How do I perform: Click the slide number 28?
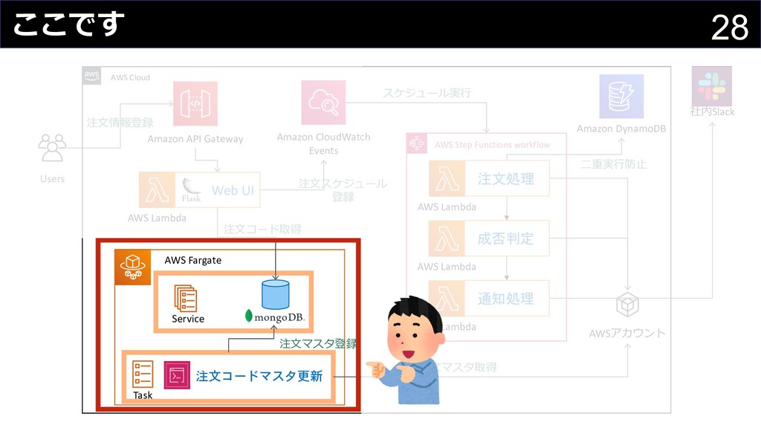(729, 28)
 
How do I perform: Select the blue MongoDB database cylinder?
(275, 294)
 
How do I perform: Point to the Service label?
(188, 319)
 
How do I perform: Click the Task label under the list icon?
(143, 395)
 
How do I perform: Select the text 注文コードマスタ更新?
(259, 377)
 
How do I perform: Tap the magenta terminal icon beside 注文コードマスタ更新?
(177, 375)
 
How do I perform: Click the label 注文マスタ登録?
(318, 344)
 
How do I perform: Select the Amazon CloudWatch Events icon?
(323, 103)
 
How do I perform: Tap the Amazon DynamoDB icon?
(621, 97)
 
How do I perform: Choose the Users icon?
(52, 148)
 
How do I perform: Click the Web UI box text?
(233, 190)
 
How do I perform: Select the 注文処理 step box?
(505, 179)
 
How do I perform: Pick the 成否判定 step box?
(505, 239)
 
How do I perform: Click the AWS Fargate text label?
(193, 260)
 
